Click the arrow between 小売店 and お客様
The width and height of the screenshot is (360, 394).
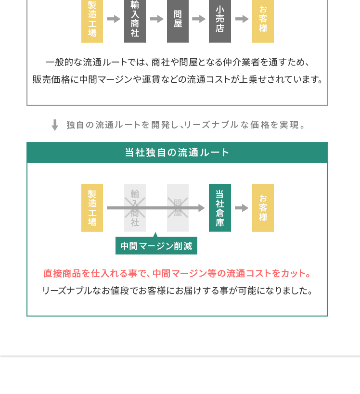242,19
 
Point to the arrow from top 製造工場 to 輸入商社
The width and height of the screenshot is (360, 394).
114,19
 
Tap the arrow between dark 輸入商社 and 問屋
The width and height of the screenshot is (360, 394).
157,19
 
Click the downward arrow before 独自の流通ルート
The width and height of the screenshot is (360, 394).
55,125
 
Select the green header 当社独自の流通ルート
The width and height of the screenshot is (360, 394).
177,153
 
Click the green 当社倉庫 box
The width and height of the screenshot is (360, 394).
220,208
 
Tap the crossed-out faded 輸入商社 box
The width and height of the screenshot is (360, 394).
135,208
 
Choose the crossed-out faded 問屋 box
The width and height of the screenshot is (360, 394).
178,208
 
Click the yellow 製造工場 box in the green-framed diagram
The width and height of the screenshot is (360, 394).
92,208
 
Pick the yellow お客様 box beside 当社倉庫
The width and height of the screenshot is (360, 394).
263,208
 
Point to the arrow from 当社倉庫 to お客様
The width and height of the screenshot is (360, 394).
242,208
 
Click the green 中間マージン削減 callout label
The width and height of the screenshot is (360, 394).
156,246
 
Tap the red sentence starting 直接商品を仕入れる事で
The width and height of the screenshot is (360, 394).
177,273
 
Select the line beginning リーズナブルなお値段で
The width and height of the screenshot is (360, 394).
177,291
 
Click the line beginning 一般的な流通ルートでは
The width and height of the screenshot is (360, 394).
177,63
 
